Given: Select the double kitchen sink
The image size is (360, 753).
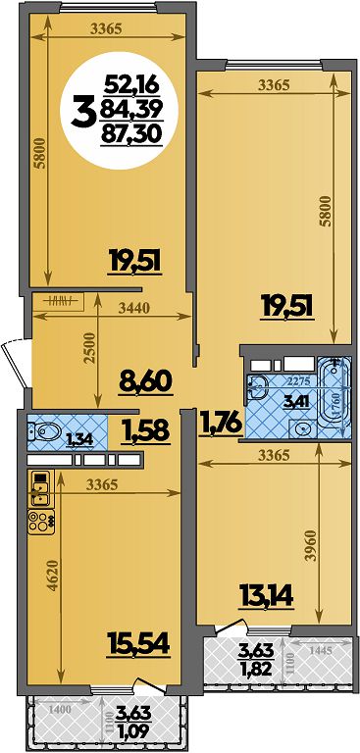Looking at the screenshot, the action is click(x=40, y=489).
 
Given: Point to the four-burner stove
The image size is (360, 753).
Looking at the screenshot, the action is click(x=40, y=522).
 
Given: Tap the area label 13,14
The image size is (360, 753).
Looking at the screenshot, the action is click(x=266, y=597).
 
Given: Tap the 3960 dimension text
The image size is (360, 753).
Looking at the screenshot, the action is click(x=313, y=545).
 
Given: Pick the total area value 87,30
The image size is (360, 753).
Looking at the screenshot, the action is click(x=130, y=134).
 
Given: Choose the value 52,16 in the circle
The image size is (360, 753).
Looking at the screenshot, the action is click(x=131, y=86).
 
